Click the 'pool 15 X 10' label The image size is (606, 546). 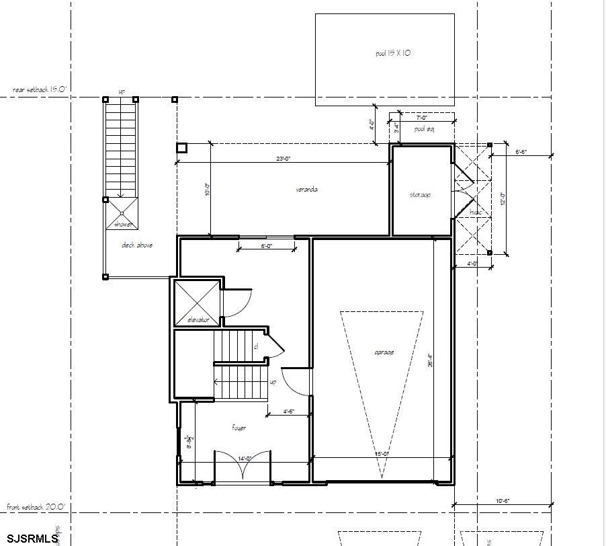tap(393, 53)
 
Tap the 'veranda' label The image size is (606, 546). tap(306, 190)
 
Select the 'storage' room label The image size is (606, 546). tap(420, 195)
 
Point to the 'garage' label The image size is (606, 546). tap(384, 352)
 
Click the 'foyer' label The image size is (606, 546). tap(239, 428)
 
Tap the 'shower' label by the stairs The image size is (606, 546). tap(123, 225)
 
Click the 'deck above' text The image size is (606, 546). tap(136, 245)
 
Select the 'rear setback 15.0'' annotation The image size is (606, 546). tap(41, 89)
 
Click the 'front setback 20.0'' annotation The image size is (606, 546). tap(36, 507)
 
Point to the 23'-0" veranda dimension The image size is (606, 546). tap(283, 159)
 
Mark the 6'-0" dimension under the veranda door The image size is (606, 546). tap(267, 247)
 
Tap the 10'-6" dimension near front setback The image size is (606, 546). tap(503, 501)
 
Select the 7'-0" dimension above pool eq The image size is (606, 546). tap(421, 118)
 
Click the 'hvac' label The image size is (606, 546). tap(476, 212)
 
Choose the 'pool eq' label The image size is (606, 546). tap(425, 129)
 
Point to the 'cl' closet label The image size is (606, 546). tap(255, 347)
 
